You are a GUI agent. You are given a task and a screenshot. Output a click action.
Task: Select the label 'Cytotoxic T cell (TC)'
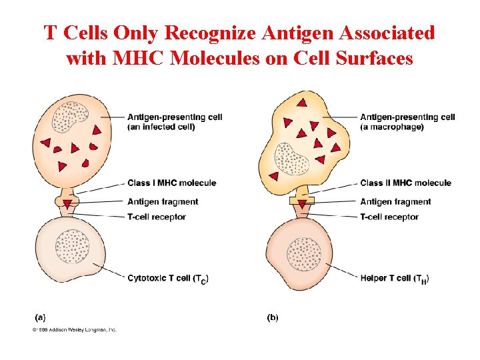pyautogui.click(x=167, y=279)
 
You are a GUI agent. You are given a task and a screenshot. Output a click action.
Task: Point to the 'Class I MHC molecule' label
pyautogui.click(x=171, y=183)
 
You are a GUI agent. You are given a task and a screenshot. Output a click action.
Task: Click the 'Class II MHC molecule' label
pyautogui.click(x=405, y=183)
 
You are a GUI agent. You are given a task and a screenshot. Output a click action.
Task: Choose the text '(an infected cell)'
pyautogui.click(x=161, y=127)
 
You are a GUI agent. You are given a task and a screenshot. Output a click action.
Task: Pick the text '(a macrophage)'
pyautogui.click(x=391, y=127)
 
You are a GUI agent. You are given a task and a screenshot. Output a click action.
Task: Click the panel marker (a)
pyautogui.click(x=40, y=318)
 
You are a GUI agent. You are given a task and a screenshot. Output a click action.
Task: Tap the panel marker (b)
pyautogui.click(x=273, y=318)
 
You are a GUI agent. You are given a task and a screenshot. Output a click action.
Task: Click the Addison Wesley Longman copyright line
pyautogui.click(x=74, y=329)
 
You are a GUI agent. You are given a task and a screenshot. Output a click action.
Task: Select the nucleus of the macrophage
pyautogui.click(x=291, y=159)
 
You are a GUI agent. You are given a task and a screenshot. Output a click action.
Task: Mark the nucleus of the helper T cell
pyautogui.click(x=303, y=254)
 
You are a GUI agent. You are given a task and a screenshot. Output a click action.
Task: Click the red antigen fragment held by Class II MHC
pyautogui.click(x=302, y=203)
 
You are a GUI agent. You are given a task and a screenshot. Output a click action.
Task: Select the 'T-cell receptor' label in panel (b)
pyautogui.click(x=389, y=217)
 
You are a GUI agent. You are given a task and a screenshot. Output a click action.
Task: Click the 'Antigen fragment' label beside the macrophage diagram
pyautogui.click(x=395, y=202)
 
